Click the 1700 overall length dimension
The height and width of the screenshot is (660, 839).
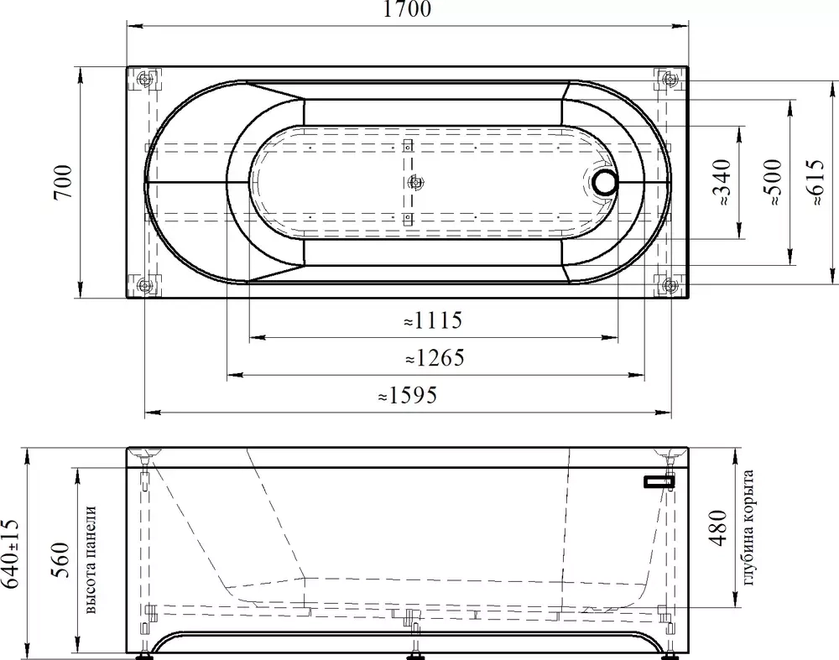tap(407, 9)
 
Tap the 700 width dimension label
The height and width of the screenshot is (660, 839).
tap(63, 182)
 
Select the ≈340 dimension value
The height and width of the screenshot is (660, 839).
tap(722, 182)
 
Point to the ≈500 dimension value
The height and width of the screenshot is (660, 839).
tap(774, 182)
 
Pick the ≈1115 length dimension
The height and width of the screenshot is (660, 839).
tap(433, 320)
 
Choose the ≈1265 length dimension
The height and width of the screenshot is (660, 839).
tap(435, 358)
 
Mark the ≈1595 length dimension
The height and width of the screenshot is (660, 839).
tap(408, 395)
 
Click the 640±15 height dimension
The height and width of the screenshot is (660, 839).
tap(11, 553)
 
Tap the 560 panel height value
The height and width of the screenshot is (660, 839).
tap(60, 560)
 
